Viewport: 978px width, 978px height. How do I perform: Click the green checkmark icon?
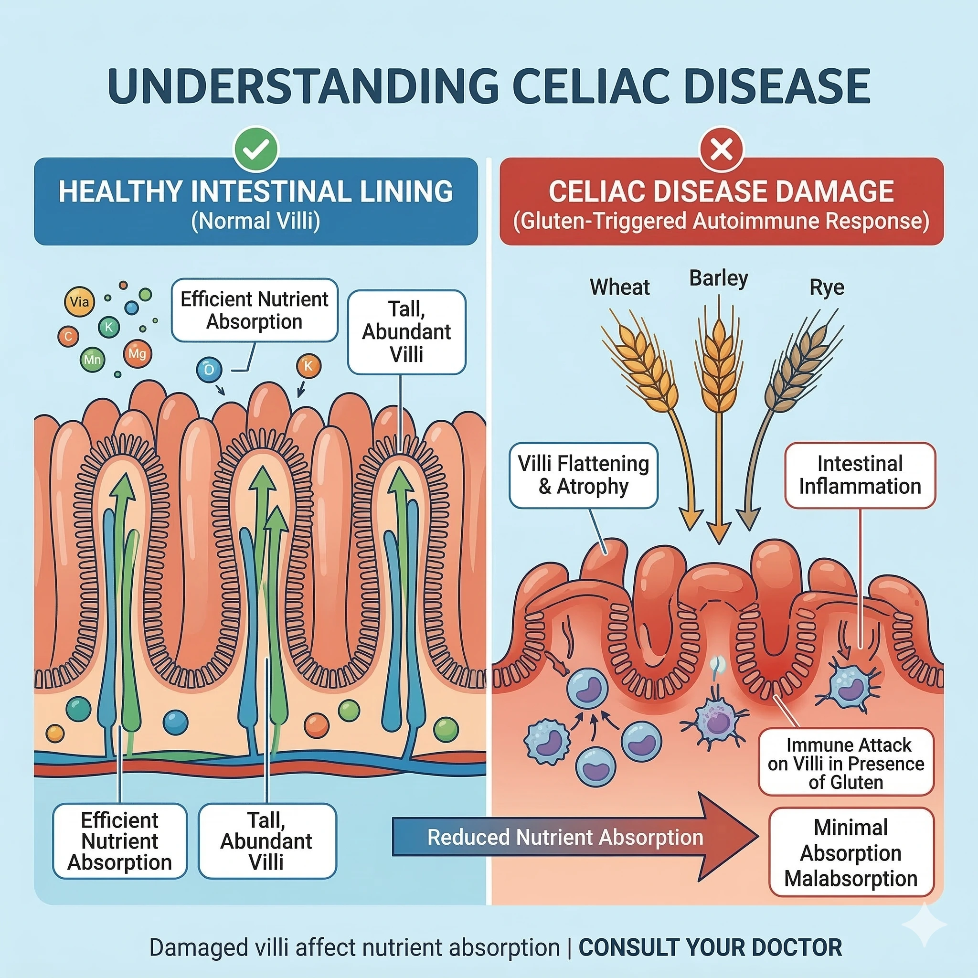pos(255,149)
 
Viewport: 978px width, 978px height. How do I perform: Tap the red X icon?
pos(722,150)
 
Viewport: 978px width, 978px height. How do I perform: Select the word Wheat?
pos(619,287)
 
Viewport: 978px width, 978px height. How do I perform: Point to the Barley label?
pos(718,278)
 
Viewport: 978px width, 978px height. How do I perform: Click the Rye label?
pos(827,287)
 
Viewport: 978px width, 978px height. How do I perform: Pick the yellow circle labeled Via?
pos(79,302)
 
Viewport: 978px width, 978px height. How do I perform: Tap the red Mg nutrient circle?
pos(137,353)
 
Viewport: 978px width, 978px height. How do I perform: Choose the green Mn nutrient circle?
pos(92,360)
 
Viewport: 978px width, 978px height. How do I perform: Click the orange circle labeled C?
pos(68,337)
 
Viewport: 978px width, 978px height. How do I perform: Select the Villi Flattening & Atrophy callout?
pos(583,475)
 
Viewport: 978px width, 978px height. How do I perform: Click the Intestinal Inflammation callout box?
pos(860,475)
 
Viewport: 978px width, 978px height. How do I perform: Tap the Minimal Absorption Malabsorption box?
pos(850,853)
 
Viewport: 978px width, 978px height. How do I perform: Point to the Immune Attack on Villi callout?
pos(845,764)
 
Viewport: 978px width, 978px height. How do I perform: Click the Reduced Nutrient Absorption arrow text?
pos(565,837)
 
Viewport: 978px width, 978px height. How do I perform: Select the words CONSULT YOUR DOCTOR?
pos(710,947)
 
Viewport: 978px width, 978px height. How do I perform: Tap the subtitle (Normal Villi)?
pos(255,221)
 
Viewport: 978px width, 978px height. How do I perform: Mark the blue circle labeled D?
pos(209,370)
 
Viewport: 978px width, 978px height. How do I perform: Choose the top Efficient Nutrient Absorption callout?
pos(254,310)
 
